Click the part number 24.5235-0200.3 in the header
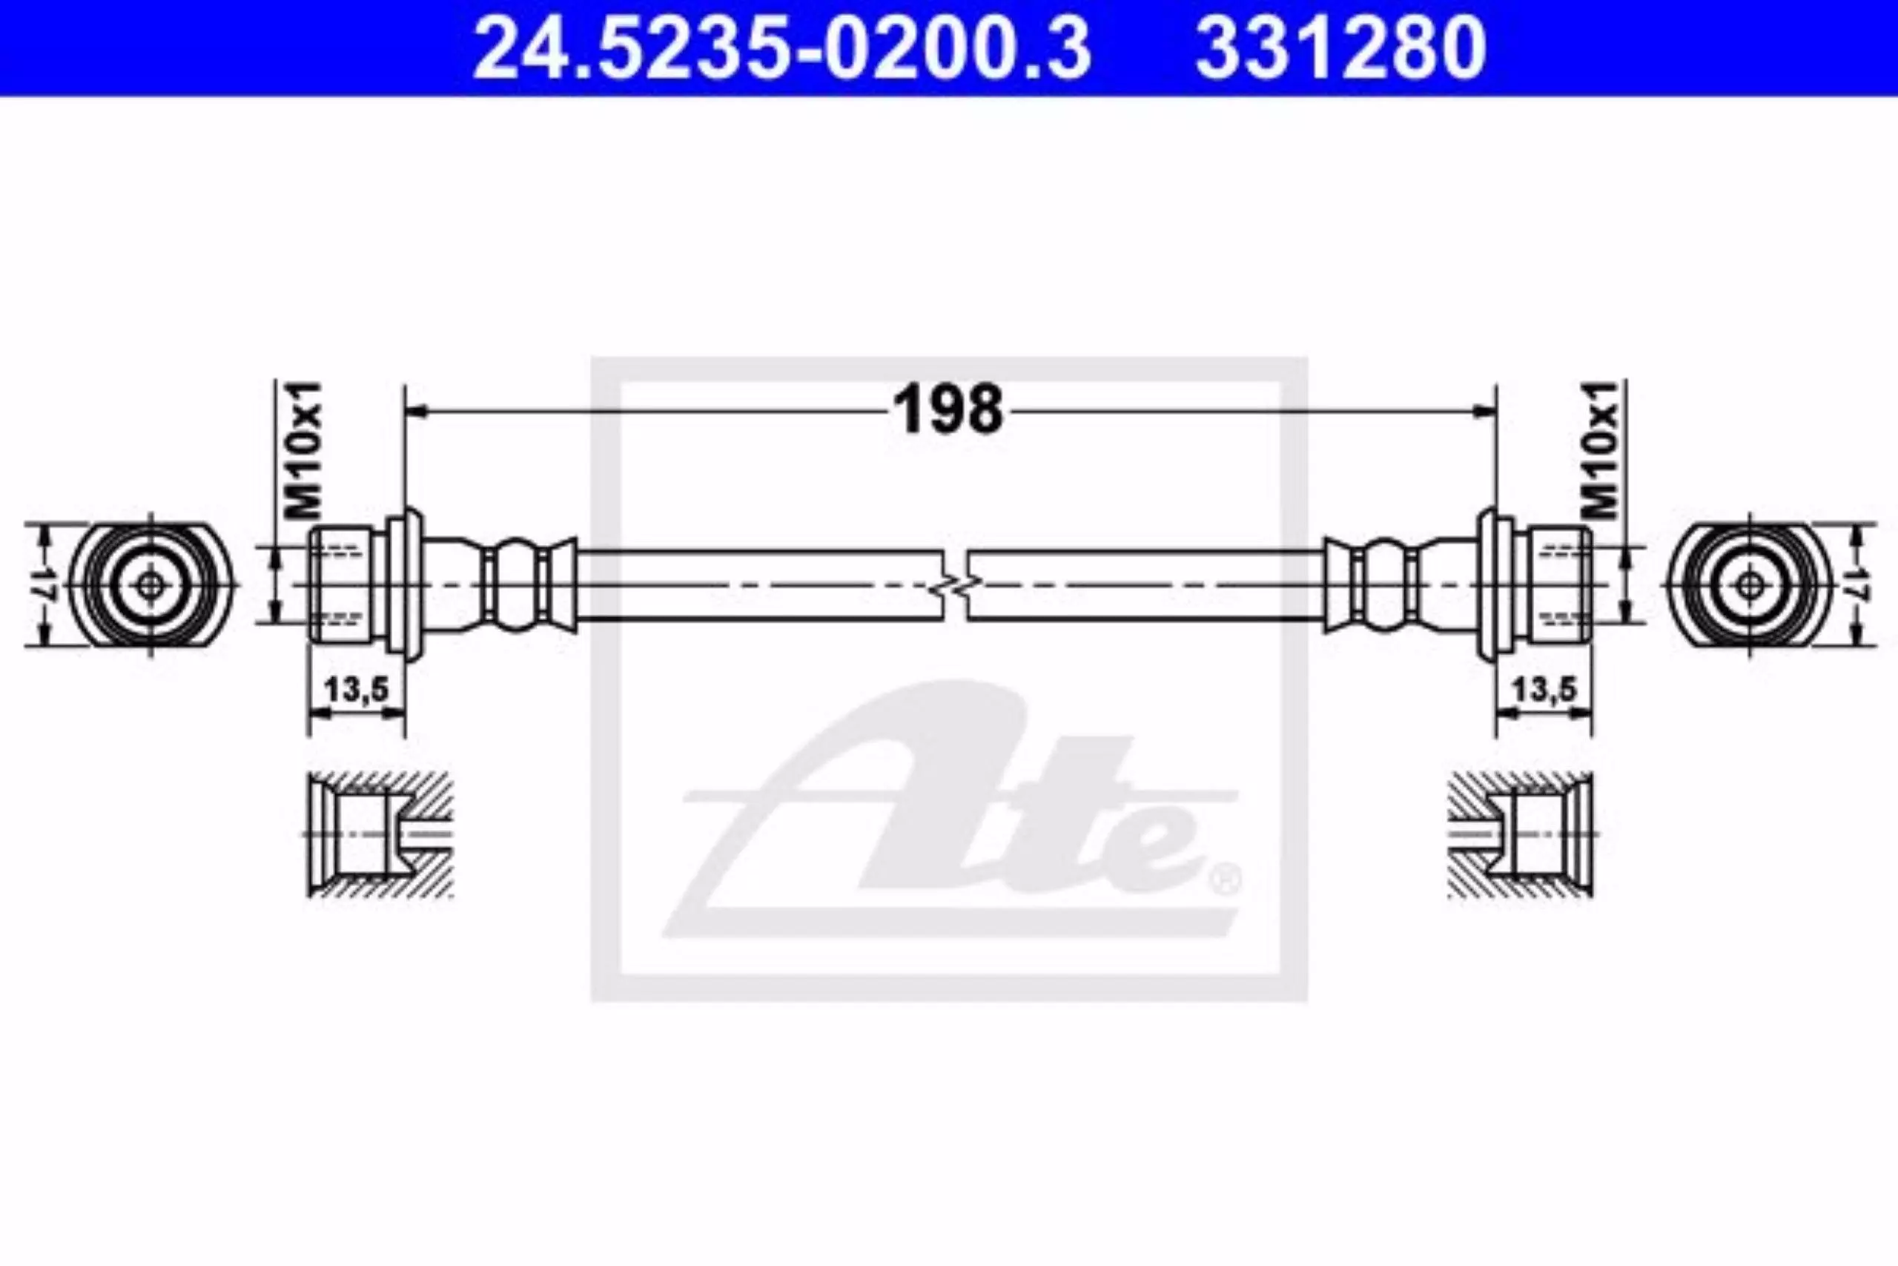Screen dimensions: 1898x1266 click(782, 48)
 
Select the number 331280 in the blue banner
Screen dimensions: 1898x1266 click(1340, 48)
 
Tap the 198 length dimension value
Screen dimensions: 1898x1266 click(950, 409)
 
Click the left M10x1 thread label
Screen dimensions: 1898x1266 click(304, 449)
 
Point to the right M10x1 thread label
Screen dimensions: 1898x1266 click(1599, 449)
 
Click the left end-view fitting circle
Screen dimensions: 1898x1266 click(150, 585)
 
